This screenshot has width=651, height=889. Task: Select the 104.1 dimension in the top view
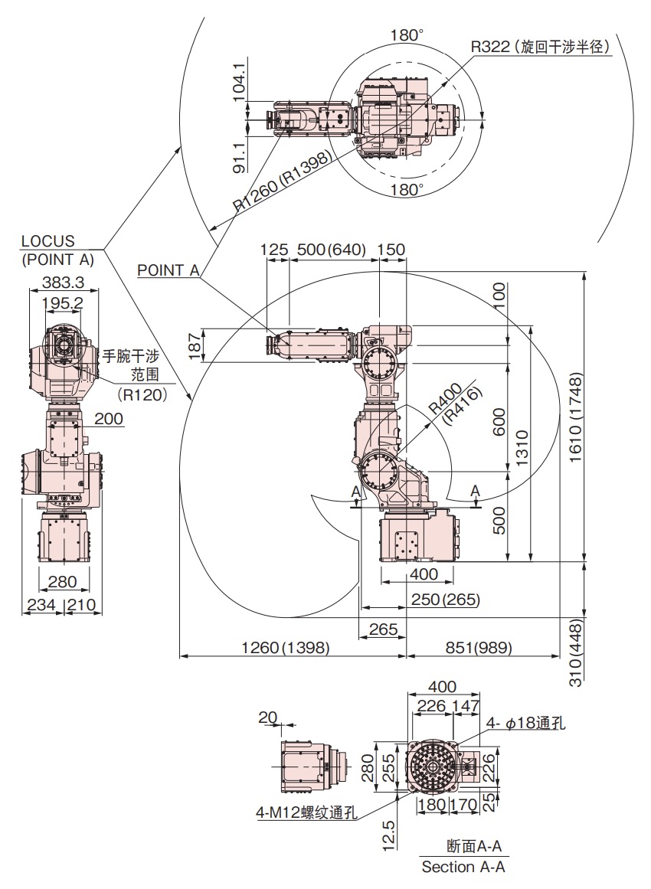[x=238, y=81]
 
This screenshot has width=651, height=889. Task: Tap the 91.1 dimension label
[x=238, y=157]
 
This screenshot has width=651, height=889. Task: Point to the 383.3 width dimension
[x=63, y=283]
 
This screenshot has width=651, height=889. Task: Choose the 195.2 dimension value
[x=63, y=303]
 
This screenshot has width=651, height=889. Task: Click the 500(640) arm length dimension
[x=331, y=250]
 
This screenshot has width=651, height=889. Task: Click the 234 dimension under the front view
[x=41, y=604]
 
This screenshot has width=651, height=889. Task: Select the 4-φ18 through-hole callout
[x=526, y=724]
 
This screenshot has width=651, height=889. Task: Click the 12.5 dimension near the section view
[x=388, y=835]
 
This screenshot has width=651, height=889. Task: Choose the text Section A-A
[x=463, y=867]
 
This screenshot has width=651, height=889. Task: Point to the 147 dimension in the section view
[x=466, y=705]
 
